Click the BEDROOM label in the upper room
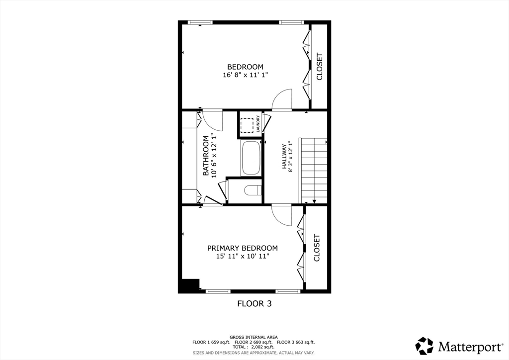pyautogui.click(x=245, y=67)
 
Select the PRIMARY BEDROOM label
pyautogui.click(x=242, y=248)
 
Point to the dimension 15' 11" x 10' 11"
pyautogui.click(x=243, y=257)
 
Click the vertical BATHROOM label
pyautogui.click(x=205, y=155)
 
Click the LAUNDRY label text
pyautogui.click(x=258, y=124)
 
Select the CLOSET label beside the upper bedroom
pyautogui.click(x=319, y=67)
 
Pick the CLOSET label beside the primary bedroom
pyautogui.click(x=317, y=248)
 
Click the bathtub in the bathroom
pyautogui.click(x=251, y=158)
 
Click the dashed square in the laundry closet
pyautogui.click(x=247, y=124)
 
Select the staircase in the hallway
pyautogui.click(x=314, y=171)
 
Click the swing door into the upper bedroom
pyautogui.click(x=282, y=99)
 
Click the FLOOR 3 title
pyautogui.click(x=254, y=303)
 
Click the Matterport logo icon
pyautogui.click(x=424, y=346)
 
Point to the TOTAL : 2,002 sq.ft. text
pyautogui.click(x=254, y=347)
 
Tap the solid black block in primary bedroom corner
pyautogui.click(x=189, y=285)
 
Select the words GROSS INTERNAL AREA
pyautogui.click(x=254, y=337)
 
